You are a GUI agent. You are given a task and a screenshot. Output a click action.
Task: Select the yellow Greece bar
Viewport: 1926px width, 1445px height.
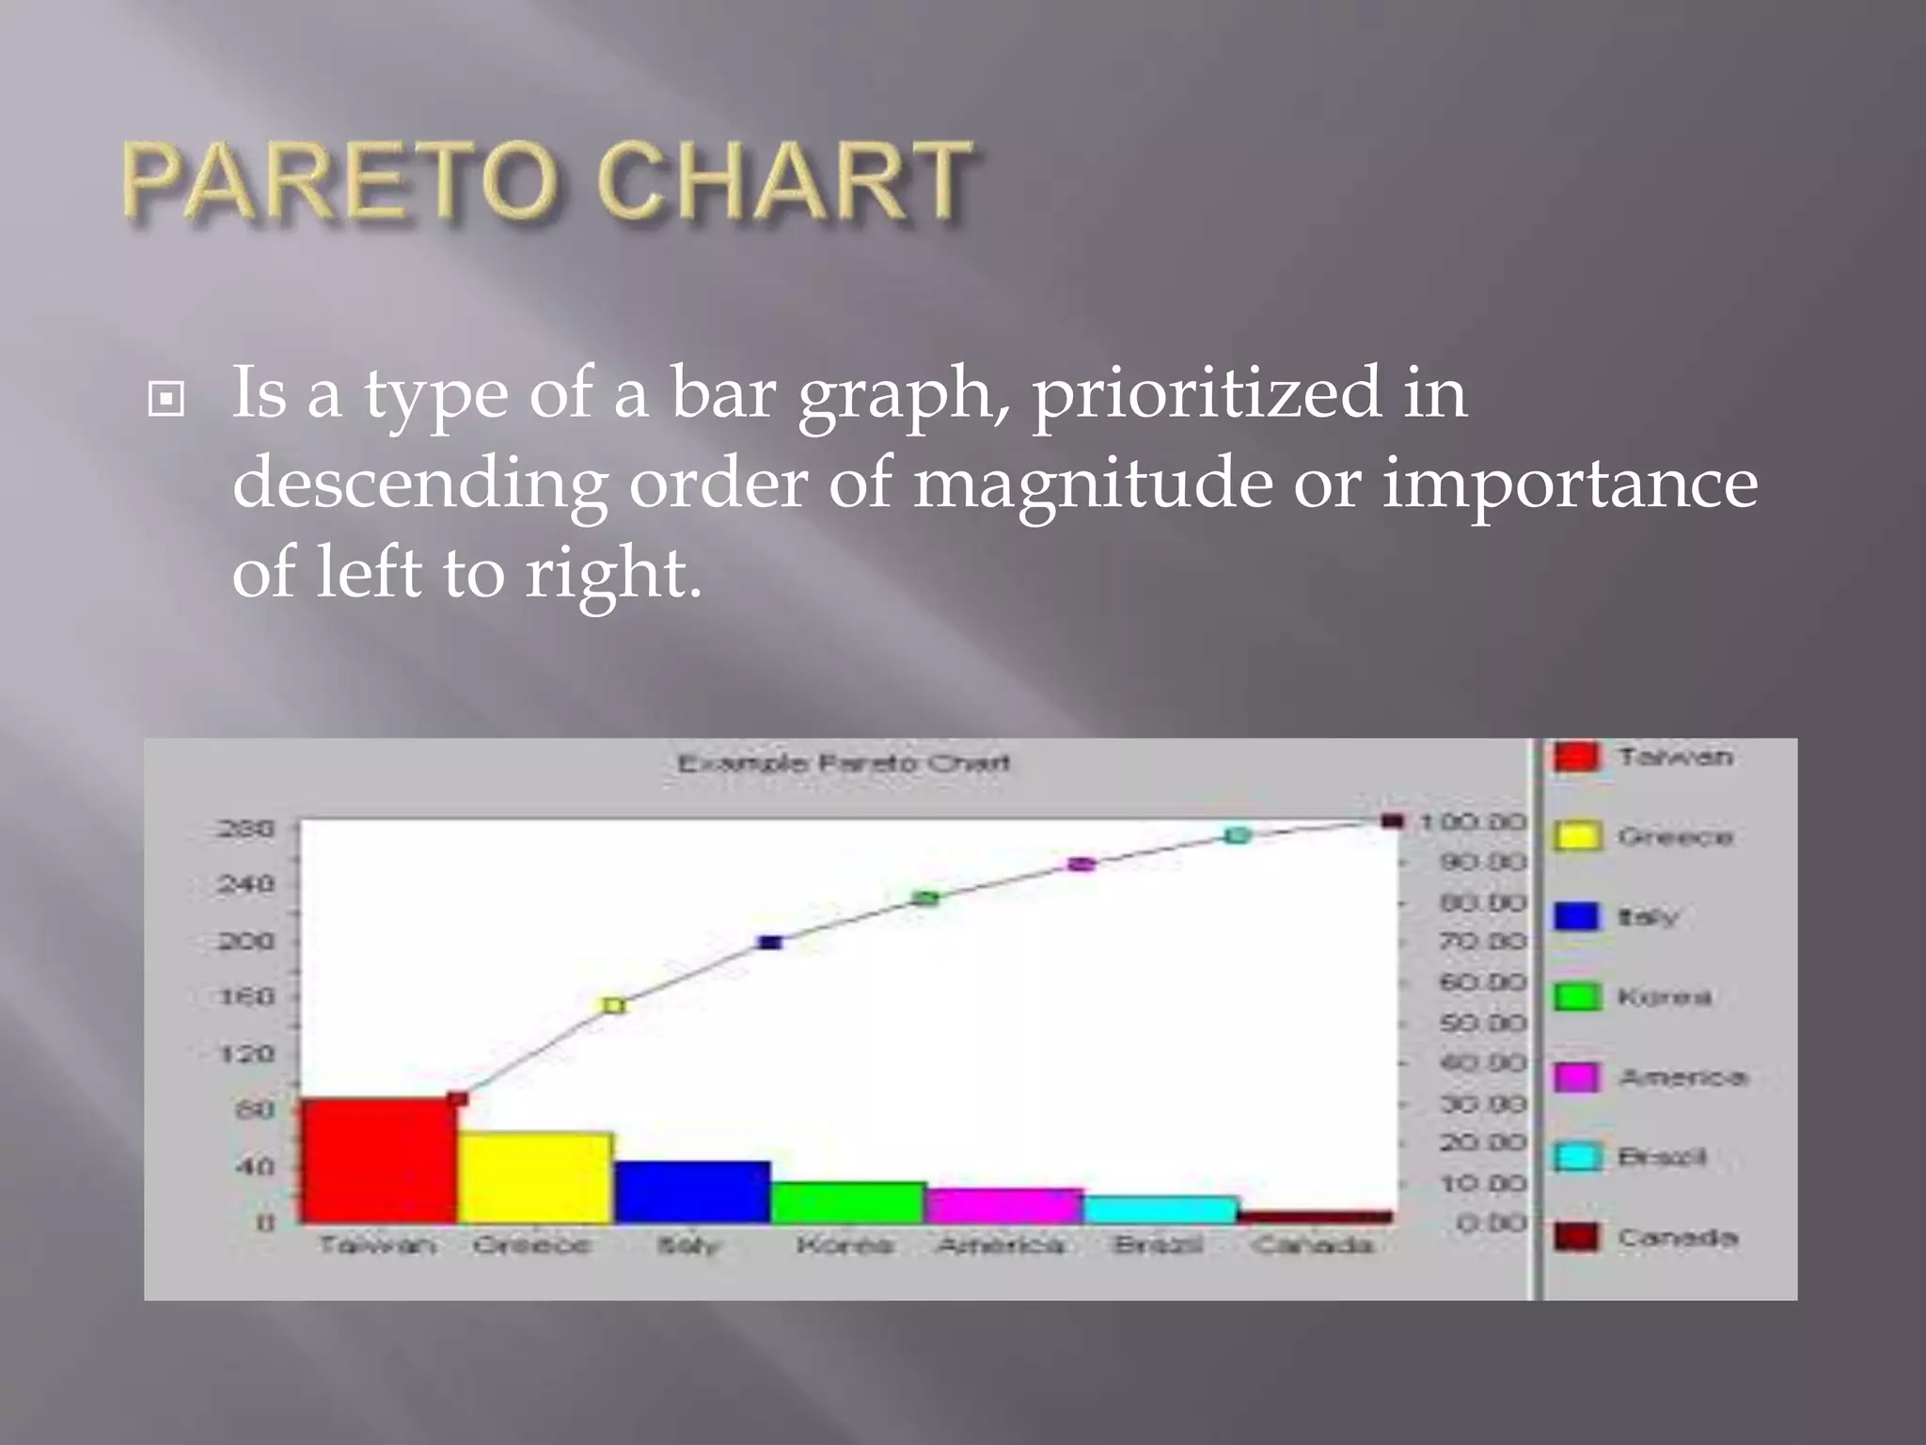point(535,1178)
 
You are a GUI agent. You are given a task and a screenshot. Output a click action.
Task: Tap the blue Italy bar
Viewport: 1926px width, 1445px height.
point(692,1192)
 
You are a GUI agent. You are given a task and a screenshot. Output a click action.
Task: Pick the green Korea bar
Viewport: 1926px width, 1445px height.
point(848,1202)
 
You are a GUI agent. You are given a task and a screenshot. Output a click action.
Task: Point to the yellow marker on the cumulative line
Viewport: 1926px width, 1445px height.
point(613,1006)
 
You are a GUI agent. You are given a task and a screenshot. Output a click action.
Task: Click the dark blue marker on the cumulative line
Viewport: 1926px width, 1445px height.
point(770,942)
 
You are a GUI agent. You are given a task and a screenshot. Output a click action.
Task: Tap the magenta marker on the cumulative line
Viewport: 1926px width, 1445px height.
point(1081,864)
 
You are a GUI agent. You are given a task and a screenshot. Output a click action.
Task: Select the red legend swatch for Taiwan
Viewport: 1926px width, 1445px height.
point(1576,756)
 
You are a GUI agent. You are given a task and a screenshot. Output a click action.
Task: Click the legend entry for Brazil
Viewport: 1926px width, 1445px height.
point(1662,1156)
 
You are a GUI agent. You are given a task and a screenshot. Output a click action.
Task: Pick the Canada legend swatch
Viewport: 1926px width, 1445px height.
point(1576,1237)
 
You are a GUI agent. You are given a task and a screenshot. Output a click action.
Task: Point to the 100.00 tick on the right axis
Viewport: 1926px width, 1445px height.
point(1472,822)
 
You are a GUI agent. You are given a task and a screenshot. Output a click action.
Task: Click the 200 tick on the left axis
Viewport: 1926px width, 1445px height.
point(246,941)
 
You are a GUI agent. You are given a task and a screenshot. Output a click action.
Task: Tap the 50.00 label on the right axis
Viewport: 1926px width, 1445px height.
point(1482,1023)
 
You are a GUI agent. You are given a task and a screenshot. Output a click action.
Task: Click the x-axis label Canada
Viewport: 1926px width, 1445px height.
point(1313,1246)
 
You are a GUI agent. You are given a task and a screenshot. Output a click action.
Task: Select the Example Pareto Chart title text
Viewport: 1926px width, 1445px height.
point(844,762)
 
